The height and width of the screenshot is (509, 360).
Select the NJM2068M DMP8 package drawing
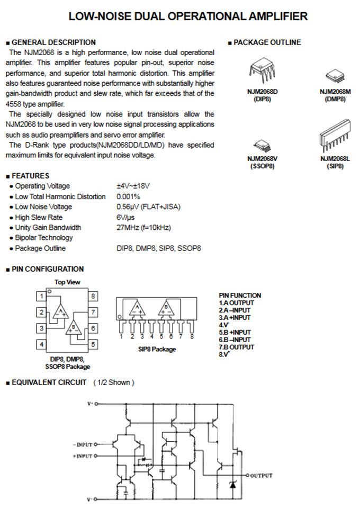pos(332,76)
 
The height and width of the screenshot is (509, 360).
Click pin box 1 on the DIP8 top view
pos(40,296)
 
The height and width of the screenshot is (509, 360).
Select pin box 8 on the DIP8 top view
pos(93,296)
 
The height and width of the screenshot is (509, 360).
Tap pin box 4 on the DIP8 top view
pos(40,345)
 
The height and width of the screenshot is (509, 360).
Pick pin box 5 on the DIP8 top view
pos(93,345)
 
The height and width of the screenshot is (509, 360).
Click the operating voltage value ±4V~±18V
pos(133,186)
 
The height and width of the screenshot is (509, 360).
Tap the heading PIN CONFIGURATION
pos(47,269)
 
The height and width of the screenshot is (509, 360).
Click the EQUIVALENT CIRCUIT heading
pos(49,382)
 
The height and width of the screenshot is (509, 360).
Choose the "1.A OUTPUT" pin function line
pos(237,302)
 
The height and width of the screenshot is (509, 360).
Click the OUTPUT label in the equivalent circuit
pos(261,476)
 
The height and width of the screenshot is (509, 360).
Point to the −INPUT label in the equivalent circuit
pos(83,444)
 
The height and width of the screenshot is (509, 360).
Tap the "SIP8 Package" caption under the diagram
pos(157,349)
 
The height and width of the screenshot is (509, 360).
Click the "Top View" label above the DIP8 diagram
pos(67,282)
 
